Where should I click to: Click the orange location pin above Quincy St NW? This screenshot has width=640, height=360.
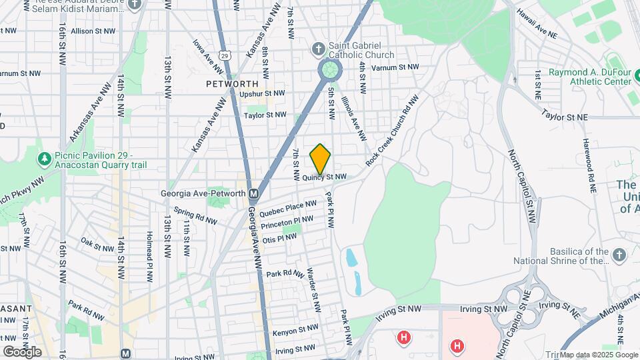click(x=321, y=159)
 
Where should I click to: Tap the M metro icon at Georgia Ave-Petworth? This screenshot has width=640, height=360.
click(x=253, y=194)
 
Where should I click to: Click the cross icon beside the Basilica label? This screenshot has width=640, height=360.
click(x=619, y=255)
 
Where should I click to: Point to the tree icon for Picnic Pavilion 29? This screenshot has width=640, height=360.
click(x=44, y=159)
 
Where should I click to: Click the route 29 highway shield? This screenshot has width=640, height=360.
click(x=227, y=55)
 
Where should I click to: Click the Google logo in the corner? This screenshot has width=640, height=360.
click(x=22, y=351)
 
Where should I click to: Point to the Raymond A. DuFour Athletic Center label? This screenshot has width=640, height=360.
click(x=589, y=77)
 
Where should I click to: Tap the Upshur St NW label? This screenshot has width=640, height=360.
click(x=262, y=94)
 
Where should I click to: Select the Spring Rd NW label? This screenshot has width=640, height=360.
click(x=195, y=215)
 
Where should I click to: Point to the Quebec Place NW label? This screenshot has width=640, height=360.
click(x=287, y=209)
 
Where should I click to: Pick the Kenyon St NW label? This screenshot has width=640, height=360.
click(x=295, y=329)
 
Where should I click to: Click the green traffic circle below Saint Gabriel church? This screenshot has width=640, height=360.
click(x=329, y=69)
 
